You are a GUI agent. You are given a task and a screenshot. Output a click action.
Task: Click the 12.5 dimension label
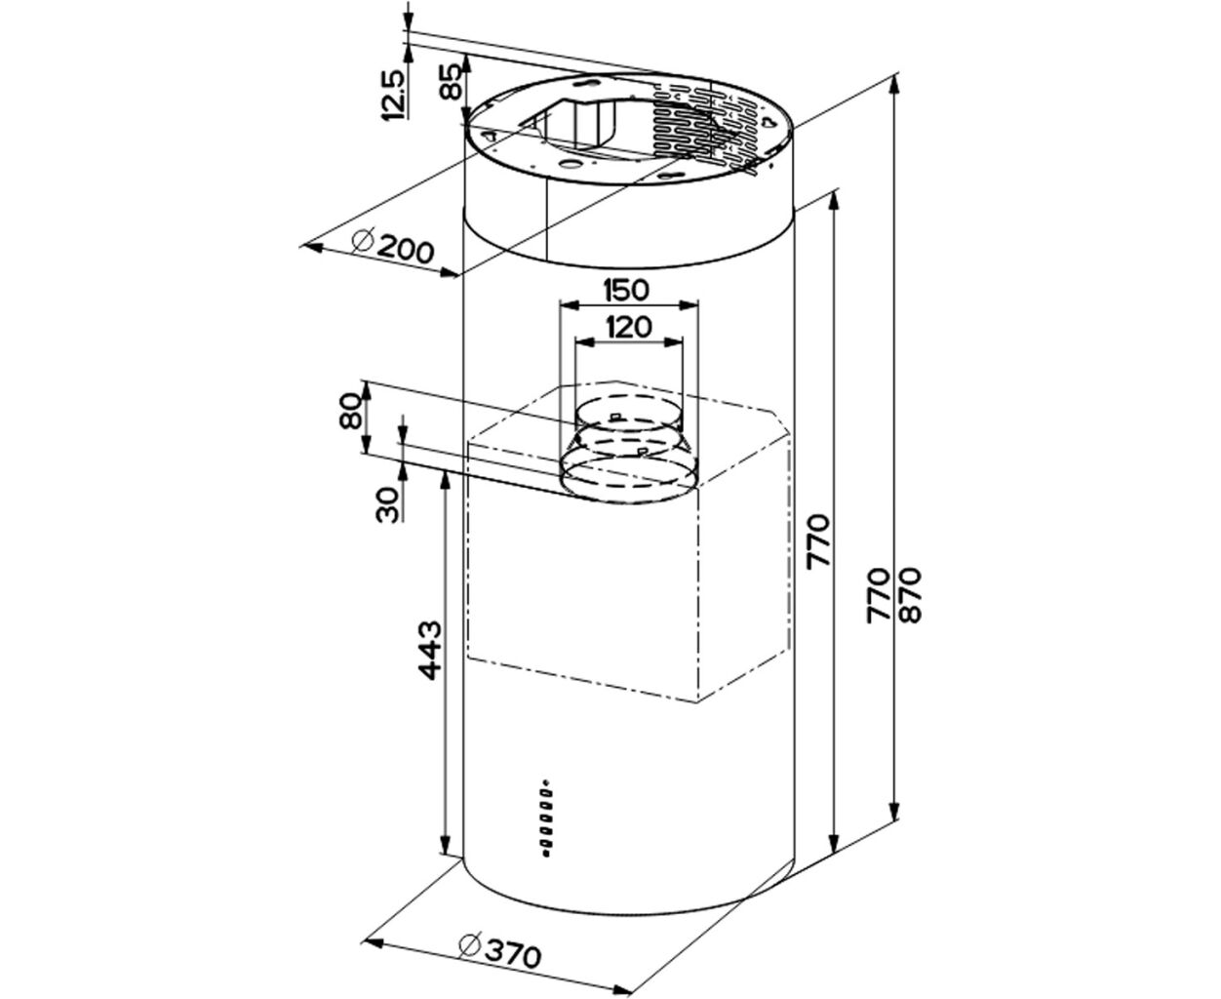[392, 95]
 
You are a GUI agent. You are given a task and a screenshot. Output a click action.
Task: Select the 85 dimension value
[450, 81]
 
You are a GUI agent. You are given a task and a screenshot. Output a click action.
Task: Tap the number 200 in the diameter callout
[406, 250]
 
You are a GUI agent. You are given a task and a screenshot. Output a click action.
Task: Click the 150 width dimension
[626, 290]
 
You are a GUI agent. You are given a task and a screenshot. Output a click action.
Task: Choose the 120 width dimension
[629, 327]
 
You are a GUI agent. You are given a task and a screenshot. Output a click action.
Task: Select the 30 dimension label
[388, 505]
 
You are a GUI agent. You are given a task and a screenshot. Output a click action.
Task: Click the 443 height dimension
[429, 650]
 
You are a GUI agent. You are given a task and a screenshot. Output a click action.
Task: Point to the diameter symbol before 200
[363, 240]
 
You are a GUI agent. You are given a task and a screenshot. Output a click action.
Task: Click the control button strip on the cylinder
[546, 818]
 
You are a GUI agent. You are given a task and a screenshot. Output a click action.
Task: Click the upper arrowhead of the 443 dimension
[446, 478]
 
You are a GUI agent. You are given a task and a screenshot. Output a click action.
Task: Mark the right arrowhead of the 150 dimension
[689, 305]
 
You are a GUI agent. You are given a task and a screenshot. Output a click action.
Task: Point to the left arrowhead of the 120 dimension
[586, 342]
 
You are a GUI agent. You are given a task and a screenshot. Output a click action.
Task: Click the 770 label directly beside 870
[878, 596]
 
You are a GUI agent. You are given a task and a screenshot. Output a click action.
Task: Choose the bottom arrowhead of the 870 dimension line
[894, 811]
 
